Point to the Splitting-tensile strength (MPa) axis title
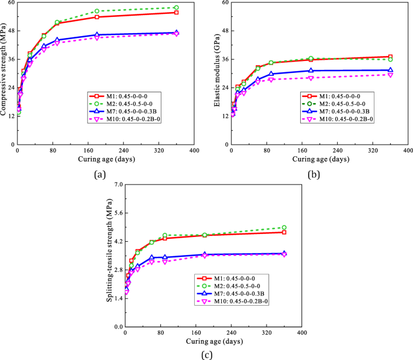110,256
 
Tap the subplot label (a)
99,175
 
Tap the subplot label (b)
314,175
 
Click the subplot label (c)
207,355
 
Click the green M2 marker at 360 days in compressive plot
176,8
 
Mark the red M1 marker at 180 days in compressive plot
97,17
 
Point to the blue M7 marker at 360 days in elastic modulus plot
390,70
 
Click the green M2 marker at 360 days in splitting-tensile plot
284,228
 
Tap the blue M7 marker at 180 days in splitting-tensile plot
204,254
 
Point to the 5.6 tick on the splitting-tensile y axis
117,213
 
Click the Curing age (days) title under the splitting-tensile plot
214,341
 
